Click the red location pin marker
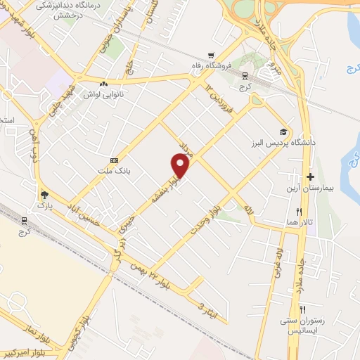click(181, 166)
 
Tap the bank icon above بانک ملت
click(115, 160)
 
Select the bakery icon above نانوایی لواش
click(103, 84)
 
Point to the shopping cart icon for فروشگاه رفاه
click(210, 56)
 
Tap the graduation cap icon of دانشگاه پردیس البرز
click(283, 131)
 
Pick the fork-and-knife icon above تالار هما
click(299, 211)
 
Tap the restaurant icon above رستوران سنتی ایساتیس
click(303, 309)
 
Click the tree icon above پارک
click(44, 195)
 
